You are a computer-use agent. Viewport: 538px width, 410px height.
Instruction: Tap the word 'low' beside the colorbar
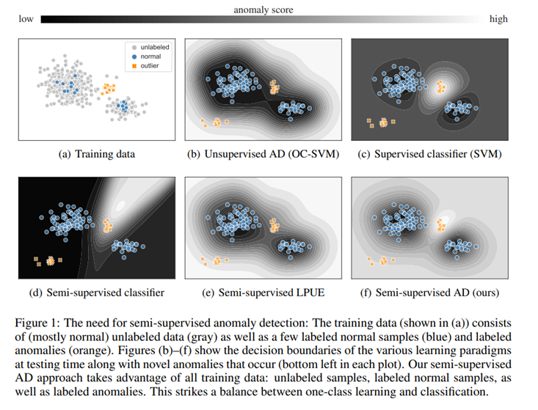25,20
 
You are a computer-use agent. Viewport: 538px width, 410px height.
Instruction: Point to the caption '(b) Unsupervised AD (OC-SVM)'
264,154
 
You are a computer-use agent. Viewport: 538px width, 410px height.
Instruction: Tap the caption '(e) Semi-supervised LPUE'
264,293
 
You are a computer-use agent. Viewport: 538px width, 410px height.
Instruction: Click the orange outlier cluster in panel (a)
109,89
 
